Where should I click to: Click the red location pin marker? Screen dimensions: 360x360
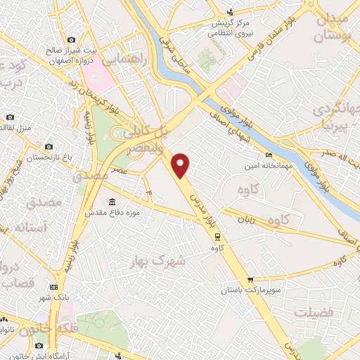pos(181,165)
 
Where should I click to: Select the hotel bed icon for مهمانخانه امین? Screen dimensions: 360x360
pos(268,155)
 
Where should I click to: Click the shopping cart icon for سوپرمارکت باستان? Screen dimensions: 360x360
pos(251,280)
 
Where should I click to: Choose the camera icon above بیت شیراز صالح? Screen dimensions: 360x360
pos(70,41)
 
